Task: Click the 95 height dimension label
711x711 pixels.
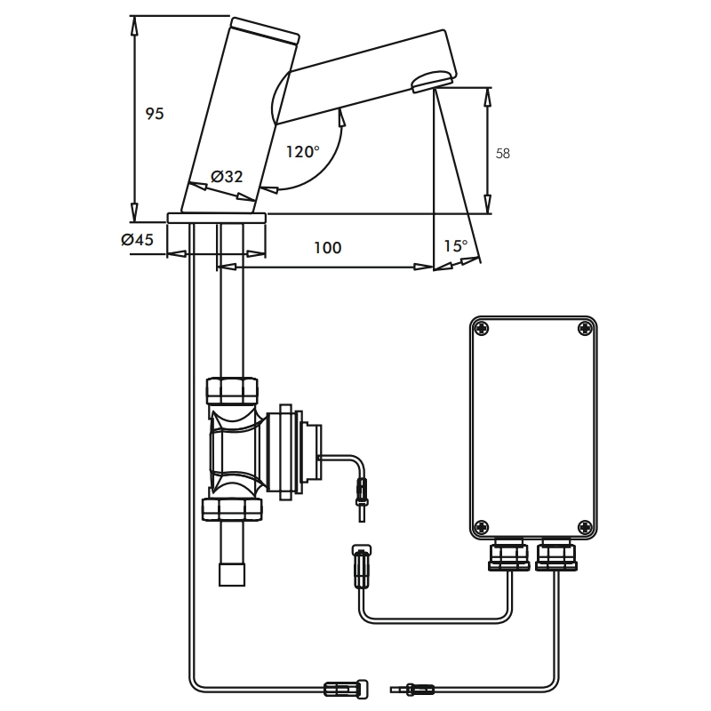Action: pos(155,114)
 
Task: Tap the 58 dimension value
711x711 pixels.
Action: pos(502,153)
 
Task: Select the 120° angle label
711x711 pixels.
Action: pos(302,152)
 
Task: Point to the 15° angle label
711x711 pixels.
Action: pos(456,246)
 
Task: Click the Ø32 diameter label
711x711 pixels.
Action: pos(228,176)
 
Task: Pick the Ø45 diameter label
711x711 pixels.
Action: pos(137,239)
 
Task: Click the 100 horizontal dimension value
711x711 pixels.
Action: pos(327,248)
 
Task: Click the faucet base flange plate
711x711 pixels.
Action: pos(217,218)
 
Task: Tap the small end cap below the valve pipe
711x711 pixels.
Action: pos(233,574)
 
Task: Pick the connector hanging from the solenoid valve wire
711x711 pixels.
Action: pos(361,491)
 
